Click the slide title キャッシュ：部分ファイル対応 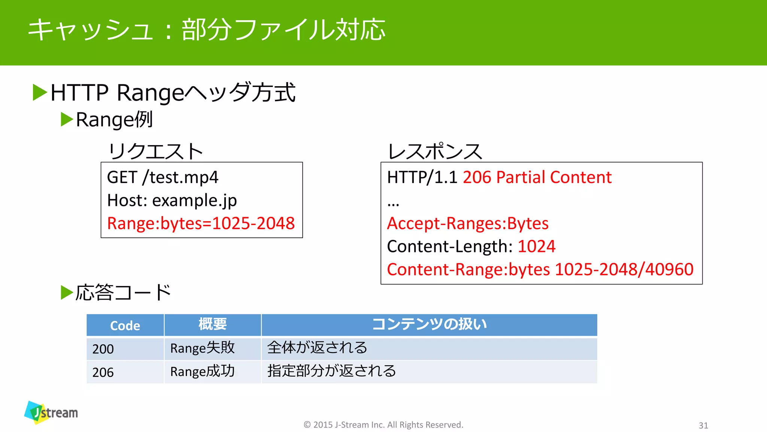click(206, 30)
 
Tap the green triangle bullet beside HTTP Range click(40, 93)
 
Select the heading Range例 click(114, 120)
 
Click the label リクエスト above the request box click(155, 151)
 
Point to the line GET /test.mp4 click(162, 177)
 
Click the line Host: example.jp click(172, 201)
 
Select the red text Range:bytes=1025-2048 click(201, 223)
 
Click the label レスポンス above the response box click(435, 151)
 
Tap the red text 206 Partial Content click(537, 177)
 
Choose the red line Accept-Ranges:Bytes click(467, 223)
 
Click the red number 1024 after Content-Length click(536, 247)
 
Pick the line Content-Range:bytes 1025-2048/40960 click(540, 270)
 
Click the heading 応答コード click(123, 292)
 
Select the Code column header click(125, 325)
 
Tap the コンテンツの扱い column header click(429, 324)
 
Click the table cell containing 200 click(103, 349)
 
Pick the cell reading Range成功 click(202, 372)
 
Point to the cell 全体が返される click(317, 348)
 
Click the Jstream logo click(51, 412)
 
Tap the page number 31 click(703, 426)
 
